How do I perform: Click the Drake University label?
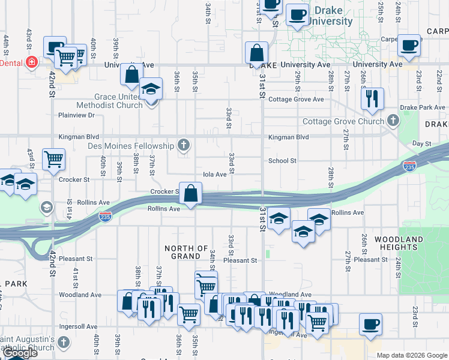click(x=331, y=16)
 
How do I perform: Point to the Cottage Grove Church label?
click(x=343, y=121)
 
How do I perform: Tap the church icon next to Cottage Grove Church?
click(x=393, y=121)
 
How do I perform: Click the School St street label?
click(x=282, y=161)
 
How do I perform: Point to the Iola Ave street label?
click(x=215, y=175)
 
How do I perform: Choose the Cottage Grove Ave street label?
click(x=296, y=100)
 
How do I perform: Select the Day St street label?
click(x=423, y=144)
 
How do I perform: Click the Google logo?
click(x=20, y=353)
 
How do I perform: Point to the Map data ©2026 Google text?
click(x=412, y=355)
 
